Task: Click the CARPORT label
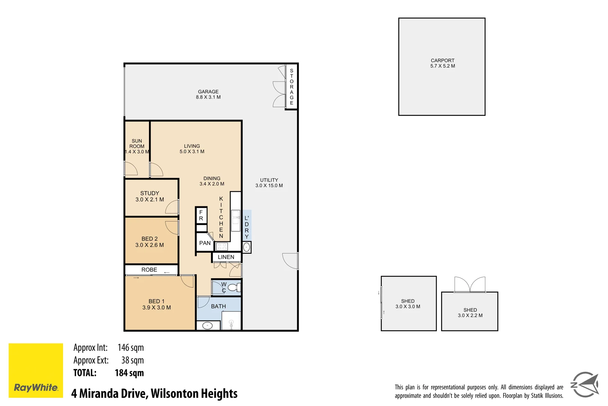[x=442, y=61]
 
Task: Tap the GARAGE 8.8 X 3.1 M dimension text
[x=208, y=97]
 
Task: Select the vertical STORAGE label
[x=292, y=87]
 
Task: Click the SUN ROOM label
[x=137, y=144]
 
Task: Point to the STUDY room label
[x=150, y=193]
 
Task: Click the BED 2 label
[x=149, y=239]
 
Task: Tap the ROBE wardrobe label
[x=149, y=270]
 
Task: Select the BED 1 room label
[x=156, y=301]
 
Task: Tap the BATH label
[x=218, y=306]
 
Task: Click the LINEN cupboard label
[x=226, y=257]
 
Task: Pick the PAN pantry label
[x=205, y=243]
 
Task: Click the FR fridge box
[x=201, y=215]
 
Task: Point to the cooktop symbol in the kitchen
[x=222, y=247]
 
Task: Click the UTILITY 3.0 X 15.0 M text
[x=269, y=183]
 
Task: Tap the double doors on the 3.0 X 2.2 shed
[x=470, y=285]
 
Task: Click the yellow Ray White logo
[x=36, y=370]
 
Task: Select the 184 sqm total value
[x=129, y=373]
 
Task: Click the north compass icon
[x=585, y=385]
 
